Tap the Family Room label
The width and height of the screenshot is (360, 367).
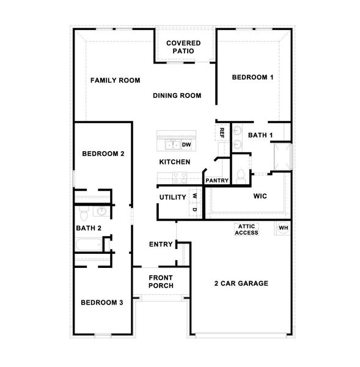point(116,80)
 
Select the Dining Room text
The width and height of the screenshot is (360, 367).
point(177,95)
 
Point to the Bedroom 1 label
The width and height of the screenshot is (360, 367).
point(252,77)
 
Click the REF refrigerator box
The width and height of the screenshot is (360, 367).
point(221,132)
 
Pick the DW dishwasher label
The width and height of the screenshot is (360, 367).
point(186,145)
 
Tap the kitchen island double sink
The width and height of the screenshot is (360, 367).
point(171,145)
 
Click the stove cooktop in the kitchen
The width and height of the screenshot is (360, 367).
point(179,178)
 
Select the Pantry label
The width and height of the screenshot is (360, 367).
point(217,180)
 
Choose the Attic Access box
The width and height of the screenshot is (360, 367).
point(247,229)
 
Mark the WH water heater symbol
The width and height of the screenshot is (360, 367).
point(283,228)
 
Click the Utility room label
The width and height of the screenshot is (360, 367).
point(172,197)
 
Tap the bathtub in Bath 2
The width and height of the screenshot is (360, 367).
point(89,246)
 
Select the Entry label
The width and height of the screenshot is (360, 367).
point(161,245)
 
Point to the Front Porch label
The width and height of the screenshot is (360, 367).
point(161,281)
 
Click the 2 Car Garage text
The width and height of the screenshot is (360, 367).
point(241,283)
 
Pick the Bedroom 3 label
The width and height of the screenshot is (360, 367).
point(102,302)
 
